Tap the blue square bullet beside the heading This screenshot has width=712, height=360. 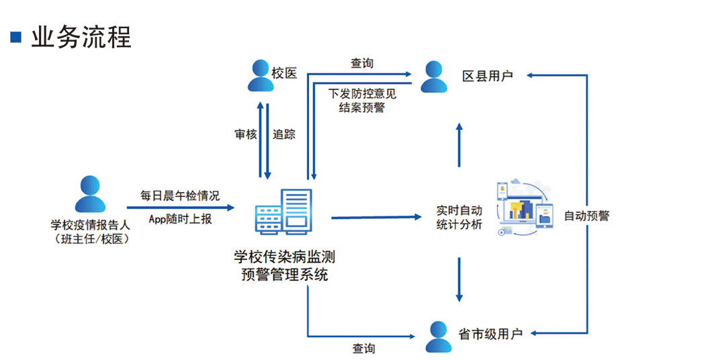(16, 36)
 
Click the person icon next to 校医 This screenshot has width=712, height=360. (259, 75)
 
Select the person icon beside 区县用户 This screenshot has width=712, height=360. (434, 76)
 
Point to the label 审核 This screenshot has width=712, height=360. (246, 134)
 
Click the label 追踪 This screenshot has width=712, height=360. (284, 134)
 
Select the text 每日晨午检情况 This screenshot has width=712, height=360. (179, 196)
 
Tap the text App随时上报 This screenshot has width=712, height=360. (180, 218)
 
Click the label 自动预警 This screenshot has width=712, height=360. (586, 216)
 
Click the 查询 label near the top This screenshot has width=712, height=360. (362, 63)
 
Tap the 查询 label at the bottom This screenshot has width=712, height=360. (363, 349)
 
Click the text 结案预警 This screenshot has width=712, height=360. (362, 107)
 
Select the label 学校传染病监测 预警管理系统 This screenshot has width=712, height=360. (284, 265)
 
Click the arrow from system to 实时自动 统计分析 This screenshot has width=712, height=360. (380, 217)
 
